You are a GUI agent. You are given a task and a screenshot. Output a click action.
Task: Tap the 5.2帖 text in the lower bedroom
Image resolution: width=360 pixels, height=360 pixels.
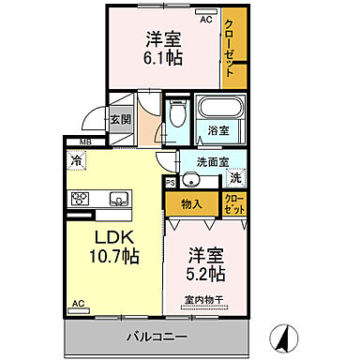pyautogui.click(x=204, y=275)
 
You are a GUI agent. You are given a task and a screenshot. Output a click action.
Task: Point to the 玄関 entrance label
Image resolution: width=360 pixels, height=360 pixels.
pyautogui.click(x=119, y=119)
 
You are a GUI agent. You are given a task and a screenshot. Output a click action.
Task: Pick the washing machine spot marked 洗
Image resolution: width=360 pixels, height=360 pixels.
pyautogui.click(x=236, y=177)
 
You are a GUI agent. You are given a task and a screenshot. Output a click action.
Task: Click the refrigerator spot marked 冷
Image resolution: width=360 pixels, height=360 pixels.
pyautogui.click(x=75, y=161)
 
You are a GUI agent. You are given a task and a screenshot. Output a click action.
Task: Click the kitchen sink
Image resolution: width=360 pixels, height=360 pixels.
pyautogui.click(x=119, y=198)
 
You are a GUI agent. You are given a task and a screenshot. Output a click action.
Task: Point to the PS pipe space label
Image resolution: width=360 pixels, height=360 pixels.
pyautogui.click(x=170, y=183)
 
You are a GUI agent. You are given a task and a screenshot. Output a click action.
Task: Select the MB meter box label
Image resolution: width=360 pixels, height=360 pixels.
pyautogui.click(x=85, y=142)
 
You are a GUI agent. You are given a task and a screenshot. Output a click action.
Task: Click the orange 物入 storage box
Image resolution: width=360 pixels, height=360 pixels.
pyautogui.click(x=191, y=202)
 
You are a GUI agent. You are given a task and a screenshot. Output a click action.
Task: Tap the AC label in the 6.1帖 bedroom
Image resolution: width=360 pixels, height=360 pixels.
pyautogui.click(x=206, y=18)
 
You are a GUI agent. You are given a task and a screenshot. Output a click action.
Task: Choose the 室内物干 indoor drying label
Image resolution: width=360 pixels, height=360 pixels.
pyautogui.click(x=203, y=300)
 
